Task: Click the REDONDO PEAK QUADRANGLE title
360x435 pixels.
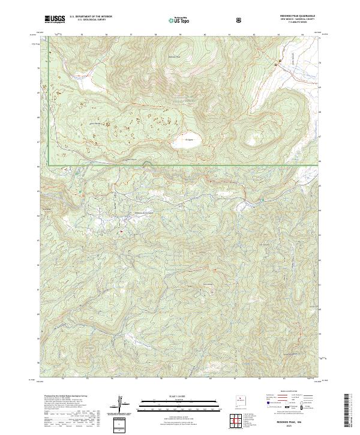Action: [296, 16]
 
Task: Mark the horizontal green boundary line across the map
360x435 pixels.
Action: [180, 166]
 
